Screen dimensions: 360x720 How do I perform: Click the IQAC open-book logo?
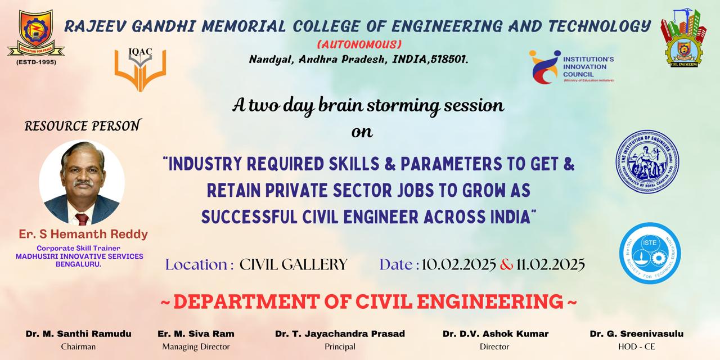140,71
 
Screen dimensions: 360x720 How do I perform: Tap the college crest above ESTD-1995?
35,34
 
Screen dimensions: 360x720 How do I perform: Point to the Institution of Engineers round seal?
647,161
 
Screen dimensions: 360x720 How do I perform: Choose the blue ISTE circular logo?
650,253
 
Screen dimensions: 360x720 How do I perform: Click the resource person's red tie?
82,219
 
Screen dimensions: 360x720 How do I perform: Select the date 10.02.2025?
458,264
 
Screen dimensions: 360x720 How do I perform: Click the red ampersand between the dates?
506,264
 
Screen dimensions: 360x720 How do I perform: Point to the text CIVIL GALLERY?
294,264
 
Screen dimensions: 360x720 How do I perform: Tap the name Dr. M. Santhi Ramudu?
78,334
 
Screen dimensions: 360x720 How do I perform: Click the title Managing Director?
196,346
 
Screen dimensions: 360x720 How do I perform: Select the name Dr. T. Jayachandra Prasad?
340,334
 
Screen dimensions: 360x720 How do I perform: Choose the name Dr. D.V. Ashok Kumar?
495,334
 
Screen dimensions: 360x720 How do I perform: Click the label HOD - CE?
636,346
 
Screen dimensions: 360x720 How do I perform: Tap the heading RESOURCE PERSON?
82,126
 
